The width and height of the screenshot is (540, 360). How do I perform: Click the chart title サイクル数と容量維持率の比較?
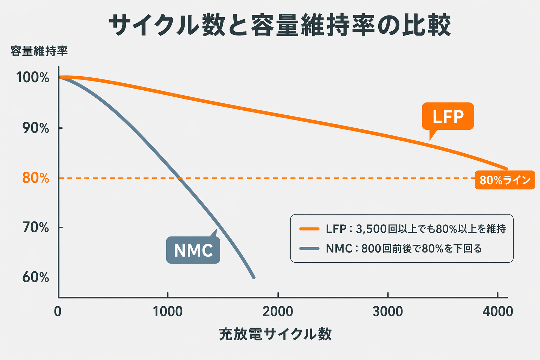(x=279, y=25)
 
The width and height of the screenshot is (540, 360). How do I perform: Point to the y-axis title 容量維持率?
(x=39, y=51)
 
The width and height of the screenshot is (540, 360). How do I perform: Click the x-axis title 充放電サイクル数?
(x=275, y=334)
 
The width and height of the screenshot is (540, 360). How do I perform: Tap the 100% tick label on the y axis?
(x=33, y=78)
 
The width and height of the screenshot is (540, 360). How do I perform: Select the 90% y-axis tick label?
(x=36, y=128)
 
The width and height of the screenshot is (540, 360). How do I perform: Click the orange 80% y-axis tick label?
(x=36, y=178)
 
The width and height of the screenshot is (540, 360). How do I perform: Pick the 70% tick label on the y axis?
(x=36, y=228)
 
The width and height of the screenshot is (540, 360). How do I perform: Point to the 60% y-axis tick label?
(x=36, y=277)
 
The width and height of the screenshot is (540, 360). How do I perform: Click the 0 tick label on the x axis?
(x=58, y=311)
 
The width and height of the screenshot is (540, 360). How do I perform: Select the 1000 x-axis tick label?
(x=168, y=311)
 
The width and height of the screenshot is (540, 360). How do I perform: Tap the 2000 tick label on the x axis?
(x=278, y=311)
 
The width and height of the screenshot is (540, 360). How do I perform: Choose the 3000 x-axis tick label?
(x=387, y=311)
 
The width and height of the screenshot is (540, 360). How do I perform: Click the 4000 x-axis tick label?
(x=497, y=311)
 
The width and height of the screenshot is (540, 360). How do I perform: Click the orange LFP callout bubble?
(x=448, y=116)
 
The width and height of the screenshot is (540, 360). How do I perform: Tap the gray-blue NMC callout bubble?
(x=193, y=250)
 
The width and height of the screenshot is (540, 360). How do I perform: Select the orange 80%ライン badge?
(x=504, y=180)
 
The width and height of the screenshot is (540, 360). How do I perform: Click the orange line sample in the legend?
(x=309, y=229)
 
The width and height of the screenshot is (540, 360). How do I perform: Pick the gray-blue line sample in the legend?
(x=309, y=249)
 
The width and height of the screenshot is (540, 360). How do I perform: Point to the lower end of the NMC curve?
(x=253, y=277)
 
